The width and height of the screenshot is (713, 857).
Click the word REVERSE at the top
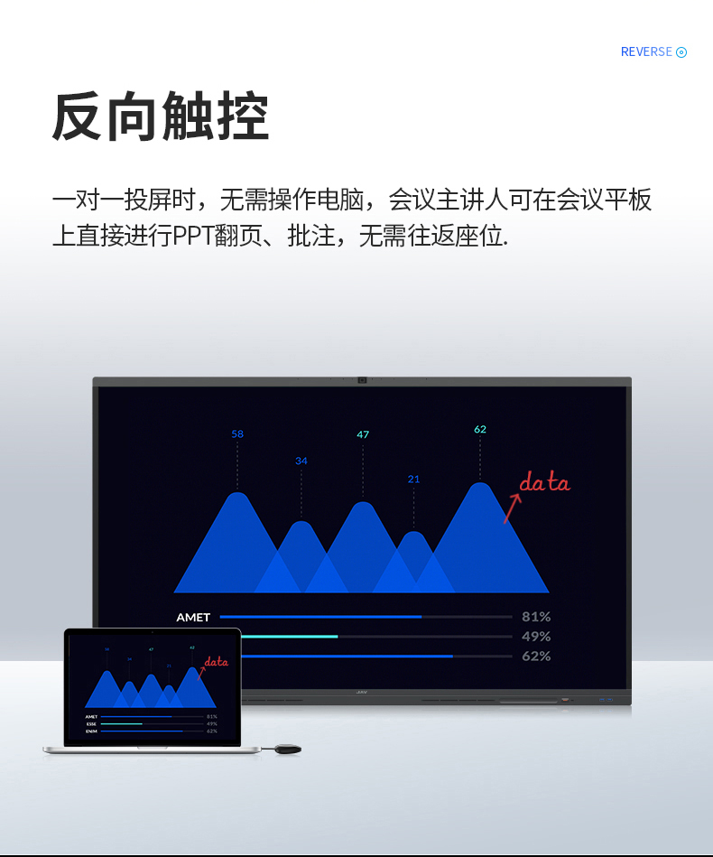[646, 52]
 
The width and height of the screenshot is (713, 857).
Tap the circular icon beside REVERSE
[681, 52]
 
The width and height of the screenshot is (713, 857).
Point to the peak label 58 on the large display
[237, 434]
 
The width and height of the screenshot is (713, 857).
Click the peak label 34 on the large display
[301, 461]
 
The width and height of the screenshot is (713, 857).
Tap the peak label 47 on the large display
[363, 435]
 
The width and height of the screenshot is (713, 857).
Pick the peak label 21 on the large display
[413, 480]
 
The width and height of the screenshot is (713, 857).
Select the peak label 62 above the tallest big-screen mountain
[480, 430]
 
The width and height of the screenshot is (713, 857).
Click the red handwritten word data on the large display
[545, 483]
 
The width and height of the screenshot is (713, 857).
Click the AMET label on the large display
[193, 618]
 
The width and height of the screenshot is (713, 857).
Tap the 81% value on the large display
[536, 617]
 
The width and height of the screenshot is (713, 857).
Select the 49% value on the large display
[536, 637]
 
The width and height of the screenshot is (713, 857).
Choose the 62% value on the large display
[536, 657]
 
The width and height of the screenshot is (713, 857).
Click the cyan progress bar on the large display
[290, 637]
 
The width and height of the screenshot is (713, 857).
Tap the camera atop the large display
[362, 380]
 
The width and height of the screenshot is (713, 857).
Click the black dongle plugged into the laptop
[286, 749]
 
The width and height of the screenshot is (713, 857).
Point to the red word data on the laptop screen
[217, 662]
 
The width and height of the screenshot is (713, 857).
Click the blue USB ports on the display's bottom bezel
[605, 700]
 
